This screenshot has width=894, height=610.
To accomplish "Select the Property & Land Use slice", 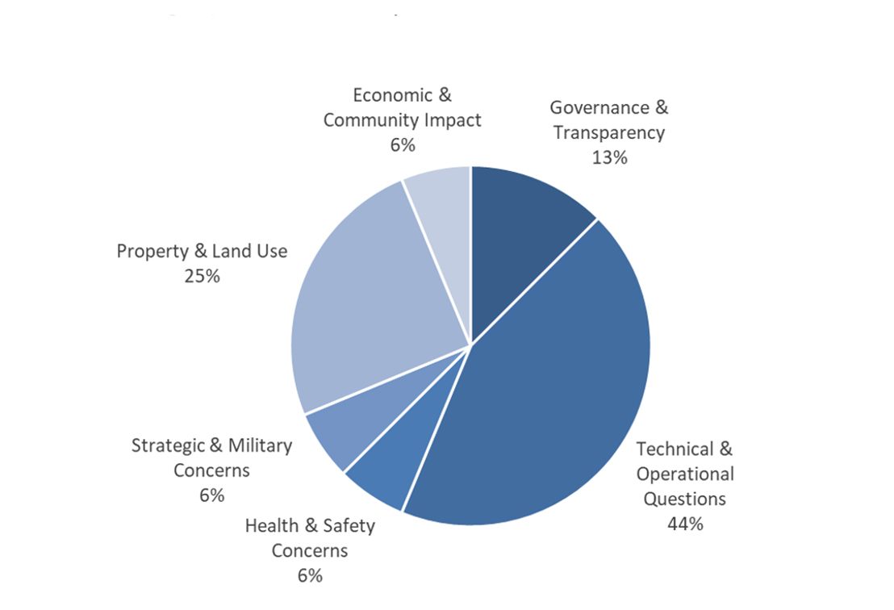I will (371, 299).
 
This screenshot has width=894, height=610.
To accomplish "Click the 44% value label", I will (685, 524).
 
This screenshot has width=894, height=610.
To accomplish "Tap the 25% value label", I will (202, 276).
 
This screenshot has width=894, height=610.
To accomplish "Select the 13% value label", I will (609, 157).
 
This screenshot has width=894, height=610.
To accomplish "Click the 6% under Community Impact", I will (402, 145).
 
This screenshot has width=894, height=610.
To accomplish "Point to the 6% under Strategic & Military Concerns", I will (211, 495).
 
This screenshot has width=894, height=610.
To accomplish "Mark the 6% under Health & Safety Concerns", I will (309, 575).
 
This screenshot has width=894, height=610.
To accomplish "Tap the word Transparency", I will (609, 132).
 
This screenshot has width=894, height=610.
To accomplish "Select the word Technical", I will (675, 449).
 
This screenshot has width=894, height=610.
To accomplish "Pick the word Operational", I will (685, 474).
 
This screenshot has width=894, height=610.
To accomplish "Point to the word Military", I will (260, 445).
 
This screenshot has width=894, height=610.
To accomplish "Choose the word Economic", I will (392, 95).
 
